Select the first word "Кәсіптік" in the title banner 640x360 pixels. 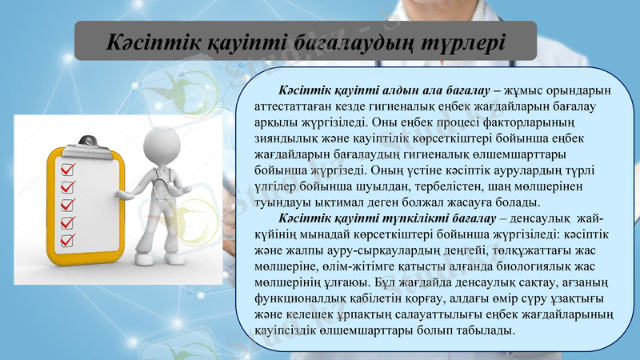tap(152, 41)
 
